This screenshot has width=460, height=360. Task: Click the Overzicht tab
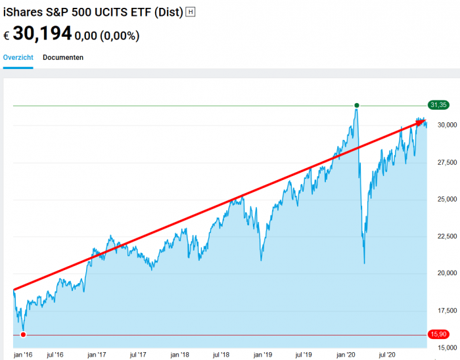click(x=18, y=57)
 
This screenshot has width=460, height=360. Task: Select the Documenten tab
click(x=63, y=57)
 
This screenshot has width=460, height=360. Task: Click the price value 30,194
click(x=42, y=34)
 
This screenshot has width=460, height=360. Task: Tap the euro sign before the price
click(x=7, y=35)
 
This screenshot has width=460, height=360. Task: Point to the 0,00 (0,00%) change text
click(x=107, y=36)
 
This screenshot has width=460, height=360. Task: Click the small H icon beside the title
click(x=191, y=12)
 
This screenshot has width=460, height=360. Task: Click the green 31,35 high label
click(x=438, y=104)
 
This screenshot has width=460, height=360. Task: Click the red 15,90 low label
click(x=438, y=334)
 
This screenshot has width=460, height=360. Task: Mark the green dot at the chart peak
click(x=357, y=105)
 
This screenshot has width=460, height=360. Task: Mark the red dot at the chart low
click(x=24, y=335)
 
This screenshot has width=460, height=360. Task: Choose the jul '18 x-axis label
click(x=222, y=354)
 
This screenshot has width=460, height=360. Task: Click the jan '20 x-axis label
click(x=346, y=354)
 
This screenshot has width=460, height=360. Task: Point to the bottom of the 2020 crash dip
click(x=364, y=263)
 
